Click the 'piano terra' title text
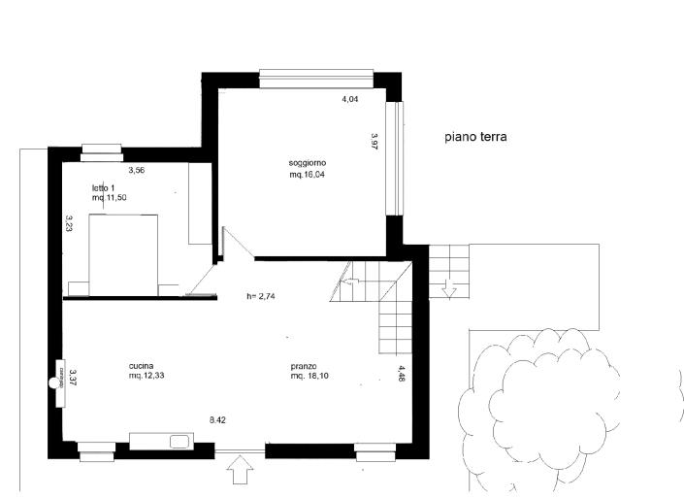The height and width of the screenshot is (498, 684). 476,138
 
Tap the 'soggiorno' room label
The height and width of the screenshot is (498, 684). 307,161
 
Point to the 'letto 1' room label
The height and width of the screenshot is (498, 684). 104,187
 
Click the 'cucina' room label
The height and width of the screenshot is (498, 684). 141,366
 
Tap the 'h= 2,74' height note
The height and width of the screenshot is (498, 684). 263,297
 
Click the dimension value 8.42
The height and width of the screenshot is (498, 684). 218,419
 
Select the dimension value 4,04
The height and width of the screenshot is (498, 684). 349,99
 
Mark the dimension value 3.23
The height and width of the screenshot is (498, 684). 70,224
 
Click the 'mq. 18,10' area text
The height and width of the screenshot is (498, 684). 310,376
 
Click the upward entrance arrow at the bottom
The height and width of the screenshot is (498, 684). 241,471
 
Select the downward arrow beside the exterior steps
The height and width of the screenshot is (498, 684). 449,289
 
